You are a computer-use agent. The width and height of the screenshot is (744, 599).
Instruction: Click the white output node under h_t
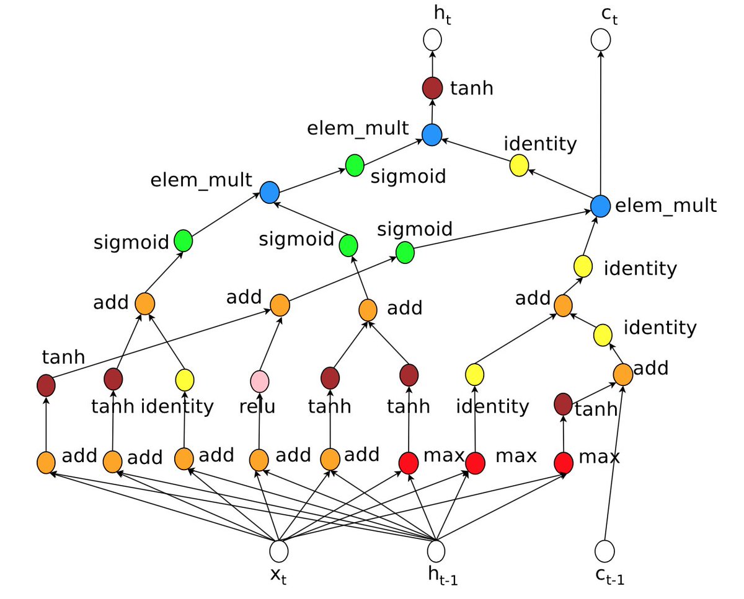point(432,40)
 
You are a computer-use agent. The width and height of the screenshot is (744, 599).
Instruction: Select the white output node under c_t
point(600,40)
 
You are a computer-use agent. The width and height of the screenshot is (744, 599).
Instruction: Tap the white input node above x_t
point(279,550)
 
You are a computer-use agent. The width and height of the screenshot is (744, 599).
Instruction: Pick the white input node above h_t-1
point(436,550)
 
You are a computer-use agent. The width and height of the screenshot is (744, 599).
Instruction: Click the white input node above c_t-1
point(604,550)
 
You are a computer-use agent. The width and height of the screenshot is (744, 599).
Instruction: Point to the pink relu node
point(259,380)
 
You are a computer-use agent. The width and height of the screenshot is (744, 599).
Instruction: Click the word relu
point(257,407)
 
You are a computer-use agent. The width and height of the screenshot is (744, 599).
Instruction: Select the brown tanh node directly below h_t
point(432,87)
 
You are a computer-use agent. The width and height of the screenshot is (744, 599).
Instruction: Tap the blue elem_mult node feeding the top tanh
point(432,134)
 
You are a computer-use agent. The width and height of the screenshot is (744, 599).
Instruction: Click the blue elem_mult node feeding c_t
point(600,206)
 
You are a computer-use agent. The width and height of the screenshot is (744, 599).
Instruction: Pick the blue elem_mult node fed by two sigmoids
point(270,193)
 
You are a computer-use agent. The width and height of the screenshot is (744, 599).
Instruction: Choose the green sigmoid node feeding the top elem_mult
point(354,165)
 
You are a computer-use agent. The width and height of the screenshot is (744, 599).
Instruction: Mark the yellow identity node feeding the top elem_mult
point(518,165)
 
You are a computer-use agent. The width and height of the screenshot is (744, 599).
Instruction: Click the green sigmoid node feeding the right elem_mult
point(404,252)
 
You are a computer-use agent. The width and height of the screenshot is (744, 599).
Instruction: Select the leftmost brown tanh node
point(46,385)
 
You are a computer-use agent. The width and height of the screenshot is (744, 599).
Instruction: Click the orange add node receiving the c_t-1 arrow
point(622,374)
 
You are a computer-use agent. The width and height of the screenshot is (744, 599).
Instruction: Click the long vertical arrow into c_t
point(600,124)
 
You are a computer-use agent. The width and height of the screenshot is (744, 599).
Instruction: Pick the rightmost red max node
point(563,462)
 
